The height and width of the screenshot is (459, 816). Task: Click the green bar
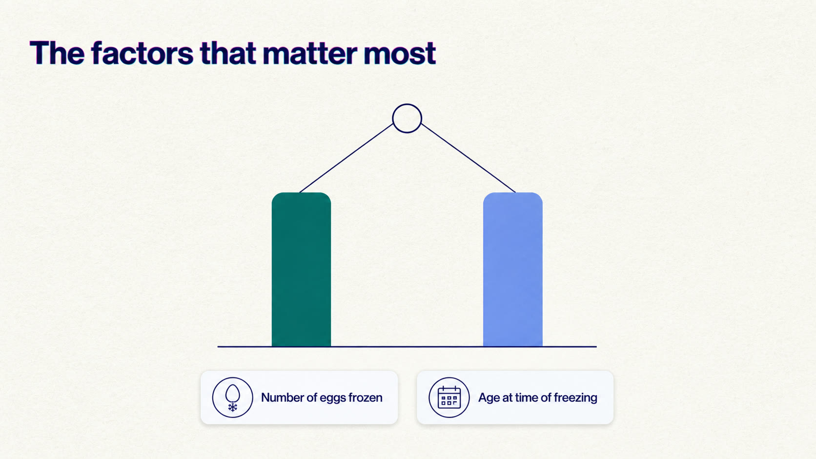tap(301, 269)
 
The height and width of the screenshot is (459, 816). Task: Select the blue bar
tap(512, 269)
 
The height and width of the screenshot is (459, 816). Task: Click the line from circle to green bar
tap(347, 158)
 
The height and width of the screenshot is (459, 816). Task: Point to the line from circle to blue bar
tap(468, 158)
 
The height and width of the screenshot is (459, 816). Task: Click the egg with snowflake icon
tap(232, 398)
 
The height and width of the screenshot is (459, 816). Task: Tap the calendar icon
tap(449, 397)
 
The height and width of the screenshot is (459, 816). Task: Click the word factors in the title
tap(142, 53)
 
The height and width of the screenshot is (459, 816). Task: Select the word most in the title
tap(400, 55)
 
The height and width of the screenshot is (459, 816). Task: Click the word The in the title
tap(57, 53)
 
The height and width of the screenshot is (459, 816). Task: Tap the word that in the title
tap(228, 53)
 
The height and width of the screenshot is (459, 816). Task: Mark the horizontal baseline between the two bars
tap(407, 346)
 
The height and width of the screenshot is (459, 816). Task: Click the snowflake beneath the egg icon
tap(232, 407)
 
